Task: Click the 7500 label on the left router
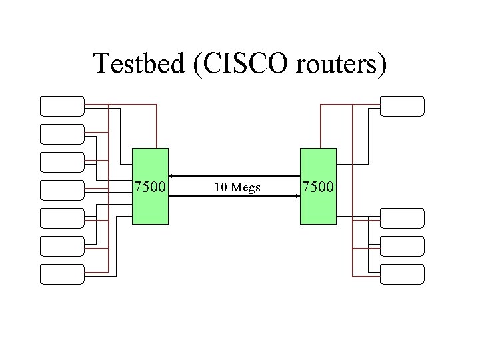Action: coord(150,187)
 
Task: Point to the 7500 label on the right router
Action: coord(319,187)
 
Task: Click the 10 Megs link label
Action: coord(237,187)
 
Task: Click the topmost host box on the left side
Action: coord(62,106)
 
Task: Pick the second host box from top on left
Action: coord(62,134)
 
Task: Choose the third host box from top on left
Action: coord(62,162)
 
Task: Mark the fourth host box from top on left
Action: coord(62,190)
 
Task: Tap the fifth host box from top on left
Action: coord(62,218)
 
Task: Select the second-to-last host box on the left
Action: coord(62,246)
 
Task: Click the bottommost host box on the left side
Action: coord(62,274)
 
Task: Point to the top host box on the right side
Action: coord(402,106)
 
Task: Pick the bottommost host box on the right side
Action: coord(402,274)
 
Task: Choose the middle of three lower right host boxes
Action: coord(402,246)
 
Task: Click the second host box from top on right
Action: coord(402,218)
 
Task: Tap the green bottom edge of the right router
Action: coord(318,223)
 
